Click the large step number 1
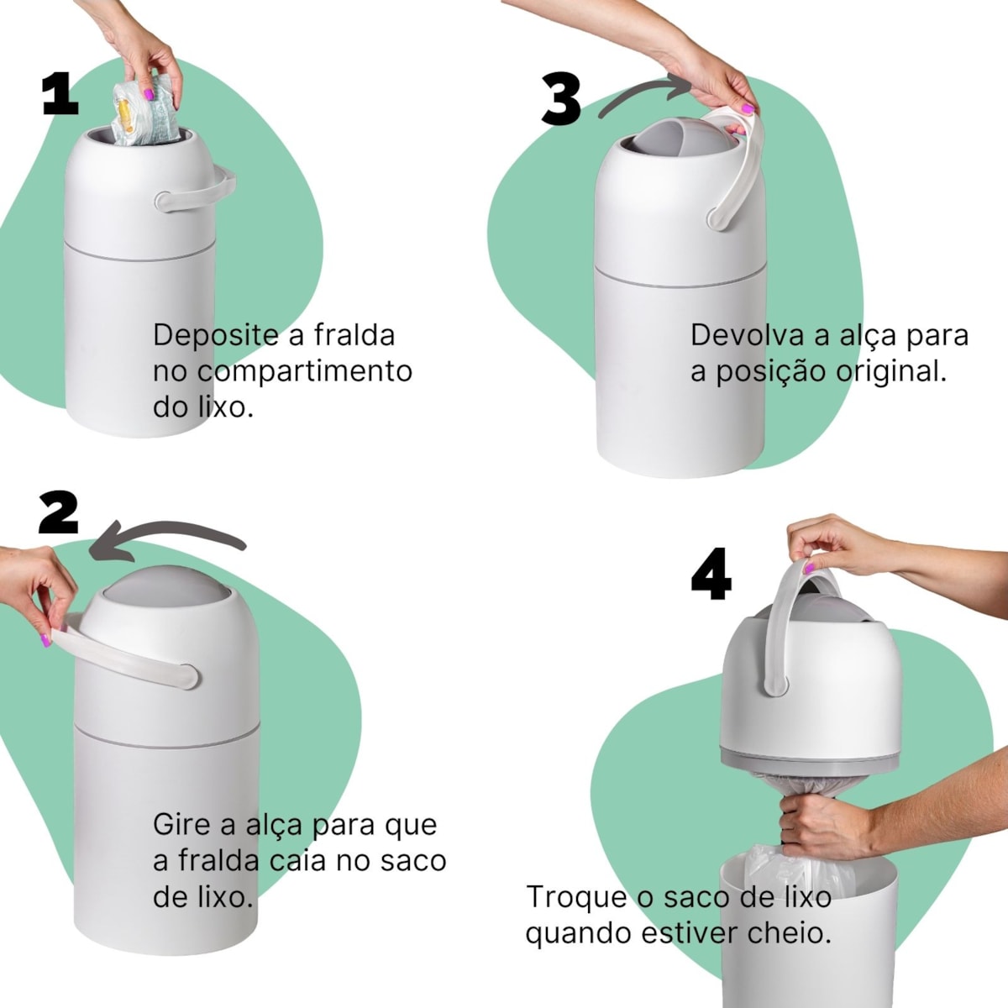click(60, 93)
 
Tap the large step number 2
click(59, 512)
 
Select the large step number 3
click(561, 99)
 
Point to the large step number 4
click(711, 574)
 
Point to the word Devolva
click(748, 335)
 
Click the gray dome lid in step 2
click(166, 590)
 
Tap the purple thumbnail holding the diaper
click(149, 95)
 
